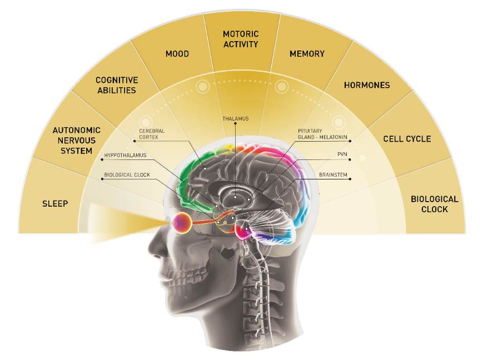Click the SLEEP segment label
click(55, 203)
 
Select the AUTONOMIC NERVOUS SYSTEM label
click(72, 141)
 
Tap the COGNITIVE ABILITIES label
click(116, 85)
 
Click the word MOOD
click(177, 54)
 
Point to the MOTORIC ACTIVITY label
click(241, 39)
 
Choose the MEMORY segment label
click(307, 54)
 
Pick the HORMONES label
click(367, 85)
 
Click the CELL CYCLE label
click(407, 138)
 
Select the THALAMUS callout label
click(235, 118)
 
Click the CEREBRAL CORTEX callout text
click(152, 134)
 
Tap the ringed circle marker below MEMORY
click(282, 86)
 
